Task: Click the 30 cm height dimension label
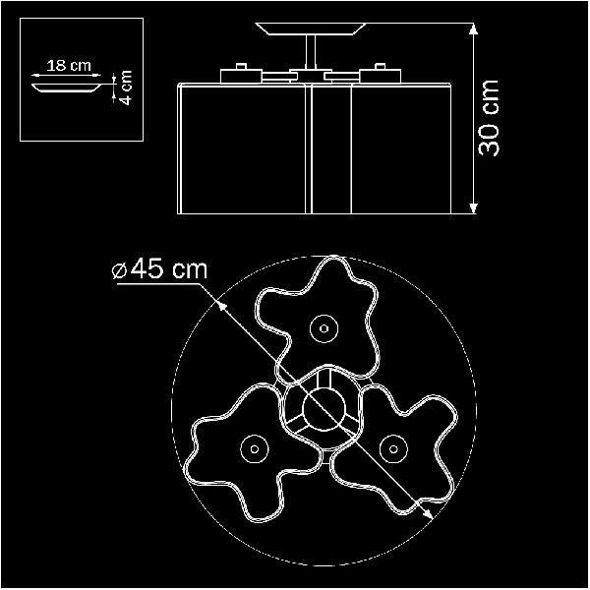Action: (489, 118)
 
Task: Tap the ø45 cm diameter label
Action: (160, 268)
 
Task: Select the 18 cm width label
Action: (69, 66)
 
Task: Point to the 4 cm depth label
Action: (127, 88)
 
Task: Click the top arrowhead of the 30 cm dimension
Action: (474, 29)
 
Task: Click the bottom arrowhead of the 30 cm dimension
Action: (474, 208)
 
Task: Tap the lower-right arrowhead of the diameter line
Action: (428, 513)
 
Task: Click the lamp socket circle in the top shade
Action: (324, 328)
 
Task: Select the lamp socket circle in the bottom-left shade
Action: (255, 449)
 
